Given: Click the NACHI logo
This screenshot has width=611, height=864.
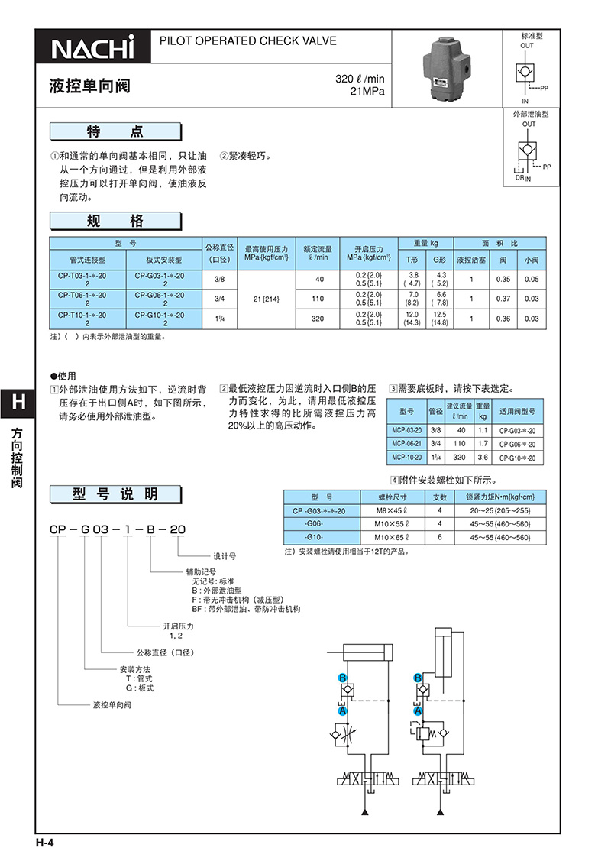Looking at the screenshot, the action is (92, 48).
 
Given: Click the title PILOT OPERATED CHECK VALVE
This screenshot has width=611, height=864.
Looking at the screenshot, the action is (248, 40).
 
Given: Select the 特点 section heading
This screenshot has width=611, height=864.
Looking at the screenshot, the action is (115, 131).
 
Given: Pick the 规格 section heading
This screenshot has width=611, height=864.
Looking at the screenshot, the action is (115, 221).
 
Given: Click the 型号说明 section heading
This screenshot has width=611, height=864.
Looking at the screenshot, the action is (115, 493).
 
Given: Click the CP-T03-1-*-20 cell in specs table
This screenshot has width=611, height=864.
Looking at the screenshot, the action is (88, 280).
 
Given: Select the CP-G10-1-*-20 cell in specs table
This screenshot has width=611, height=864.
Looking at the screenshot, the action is (165, 319).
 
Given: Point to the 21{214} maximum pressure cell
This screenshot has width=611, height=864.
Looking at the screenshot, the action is (266, 299).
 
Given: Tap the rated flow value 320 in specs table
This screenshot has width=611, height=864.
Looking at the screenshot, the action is (318, 319).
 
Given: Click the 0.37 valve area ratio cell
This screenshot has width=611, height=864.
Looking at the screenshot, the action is (503, 299).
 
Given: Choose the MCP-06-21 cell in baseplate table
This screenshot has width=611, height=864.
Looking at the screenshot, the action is (406, 444).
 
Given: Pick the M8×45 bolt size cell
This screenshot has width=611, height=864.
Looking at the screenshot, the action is (392, 511).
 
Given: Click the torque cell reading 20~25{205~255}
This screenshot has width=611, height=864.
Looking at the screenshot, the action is (500, 511).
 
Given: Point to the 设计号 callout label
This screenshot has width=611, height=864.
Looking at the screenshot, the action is (225, 556).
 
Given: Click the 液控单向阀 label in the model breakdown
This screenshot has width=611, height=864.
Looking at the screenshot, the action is (112, 705).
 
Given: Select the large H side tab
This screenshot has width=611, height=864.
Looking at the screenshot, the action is (18, 403).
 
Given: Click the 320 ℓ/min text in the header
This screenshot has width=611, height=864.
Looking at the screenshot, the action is (360, 79).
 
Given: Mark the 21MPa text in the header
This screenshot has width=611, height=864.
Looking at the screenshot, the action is (367, 92).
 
